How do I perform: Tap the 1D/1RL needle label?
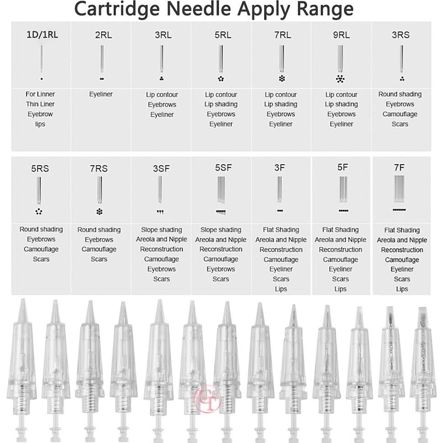pos(42,35)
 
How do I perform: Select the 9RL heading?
pos(341,35)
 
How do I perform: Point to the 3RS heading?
pos(401,35)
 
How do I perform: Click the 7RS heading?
pos(99,169)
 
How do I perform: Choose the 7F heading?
pos(399,167)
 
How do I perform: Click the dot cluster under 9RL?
pos(340,78)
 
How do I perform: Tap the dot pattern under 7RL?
pos(281,78)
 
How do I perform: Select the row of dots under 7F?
pos(399,210)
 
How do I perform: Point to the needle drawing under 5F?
pos(340,189)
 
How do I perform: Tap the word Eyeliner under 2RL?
pos(100,94)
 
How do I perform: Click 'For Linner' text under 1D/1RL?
pos(40,94)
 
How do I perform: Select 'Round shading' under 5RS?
pos(41,229)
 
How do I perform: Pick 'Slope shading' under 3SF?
pos(162,230)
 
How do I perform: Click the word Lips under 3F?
pos(281,289)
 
